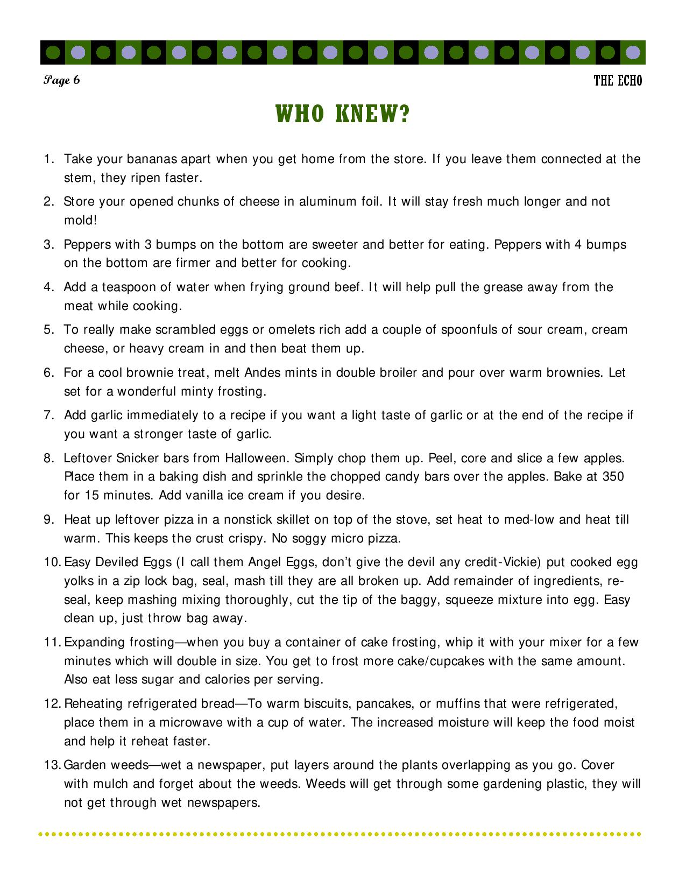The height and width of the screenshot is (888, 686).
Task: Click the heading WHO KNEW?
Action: click(343, 114)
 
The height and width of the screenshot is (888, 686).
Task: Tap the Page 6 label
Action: click(62, 81)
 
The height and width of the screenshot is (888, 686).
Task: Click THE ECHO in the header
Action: click(618, 81)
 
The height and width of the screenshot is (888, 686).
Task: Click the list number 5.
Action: click(48, 329)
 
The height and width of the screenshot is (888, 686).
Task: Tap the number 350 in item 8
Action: click(613, 477)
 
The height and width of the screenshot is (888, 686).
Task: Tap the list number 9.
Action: click(48, 520)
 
